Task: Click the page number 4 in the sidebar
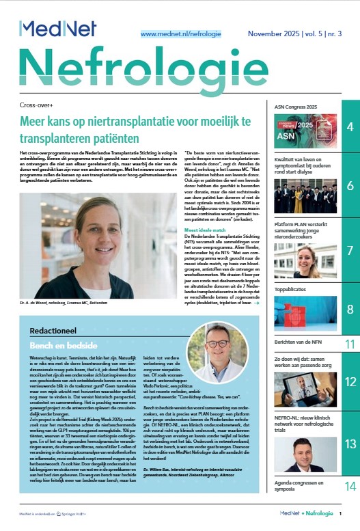349,128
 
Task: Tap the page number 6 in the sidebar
349,187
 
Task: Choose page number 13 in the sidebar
349,444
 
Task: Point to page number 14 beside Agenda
349,487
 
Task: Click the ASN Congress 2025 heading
295,107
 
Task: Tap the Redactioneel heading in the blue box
56,329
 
